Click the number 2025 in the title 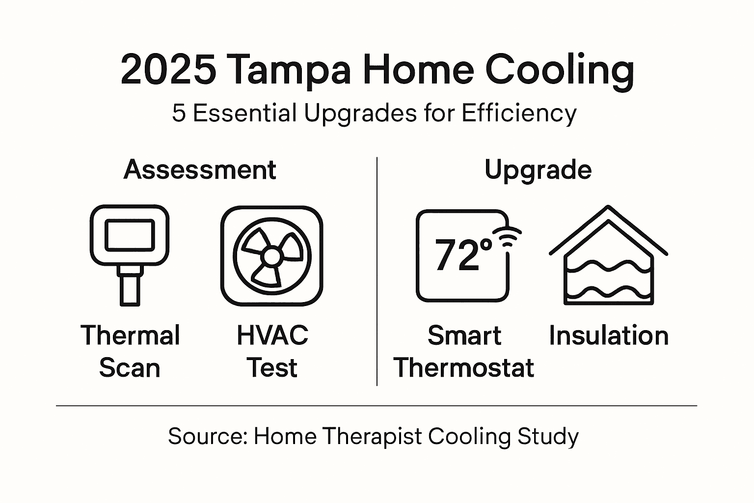point(168,70)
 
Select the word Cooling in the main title point(559,70)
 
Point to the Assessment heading point(200,170)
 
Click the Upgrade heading point(538,170)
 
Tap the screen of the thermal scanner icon point(130,235)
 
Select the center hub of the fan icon point(271,256)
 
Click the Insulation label point(609,336)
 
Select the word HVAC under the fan point(272,336)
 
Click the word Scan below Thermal point(130,368)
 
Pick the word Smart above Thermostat point(464,336)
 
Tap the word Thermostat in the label point(464,368)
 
